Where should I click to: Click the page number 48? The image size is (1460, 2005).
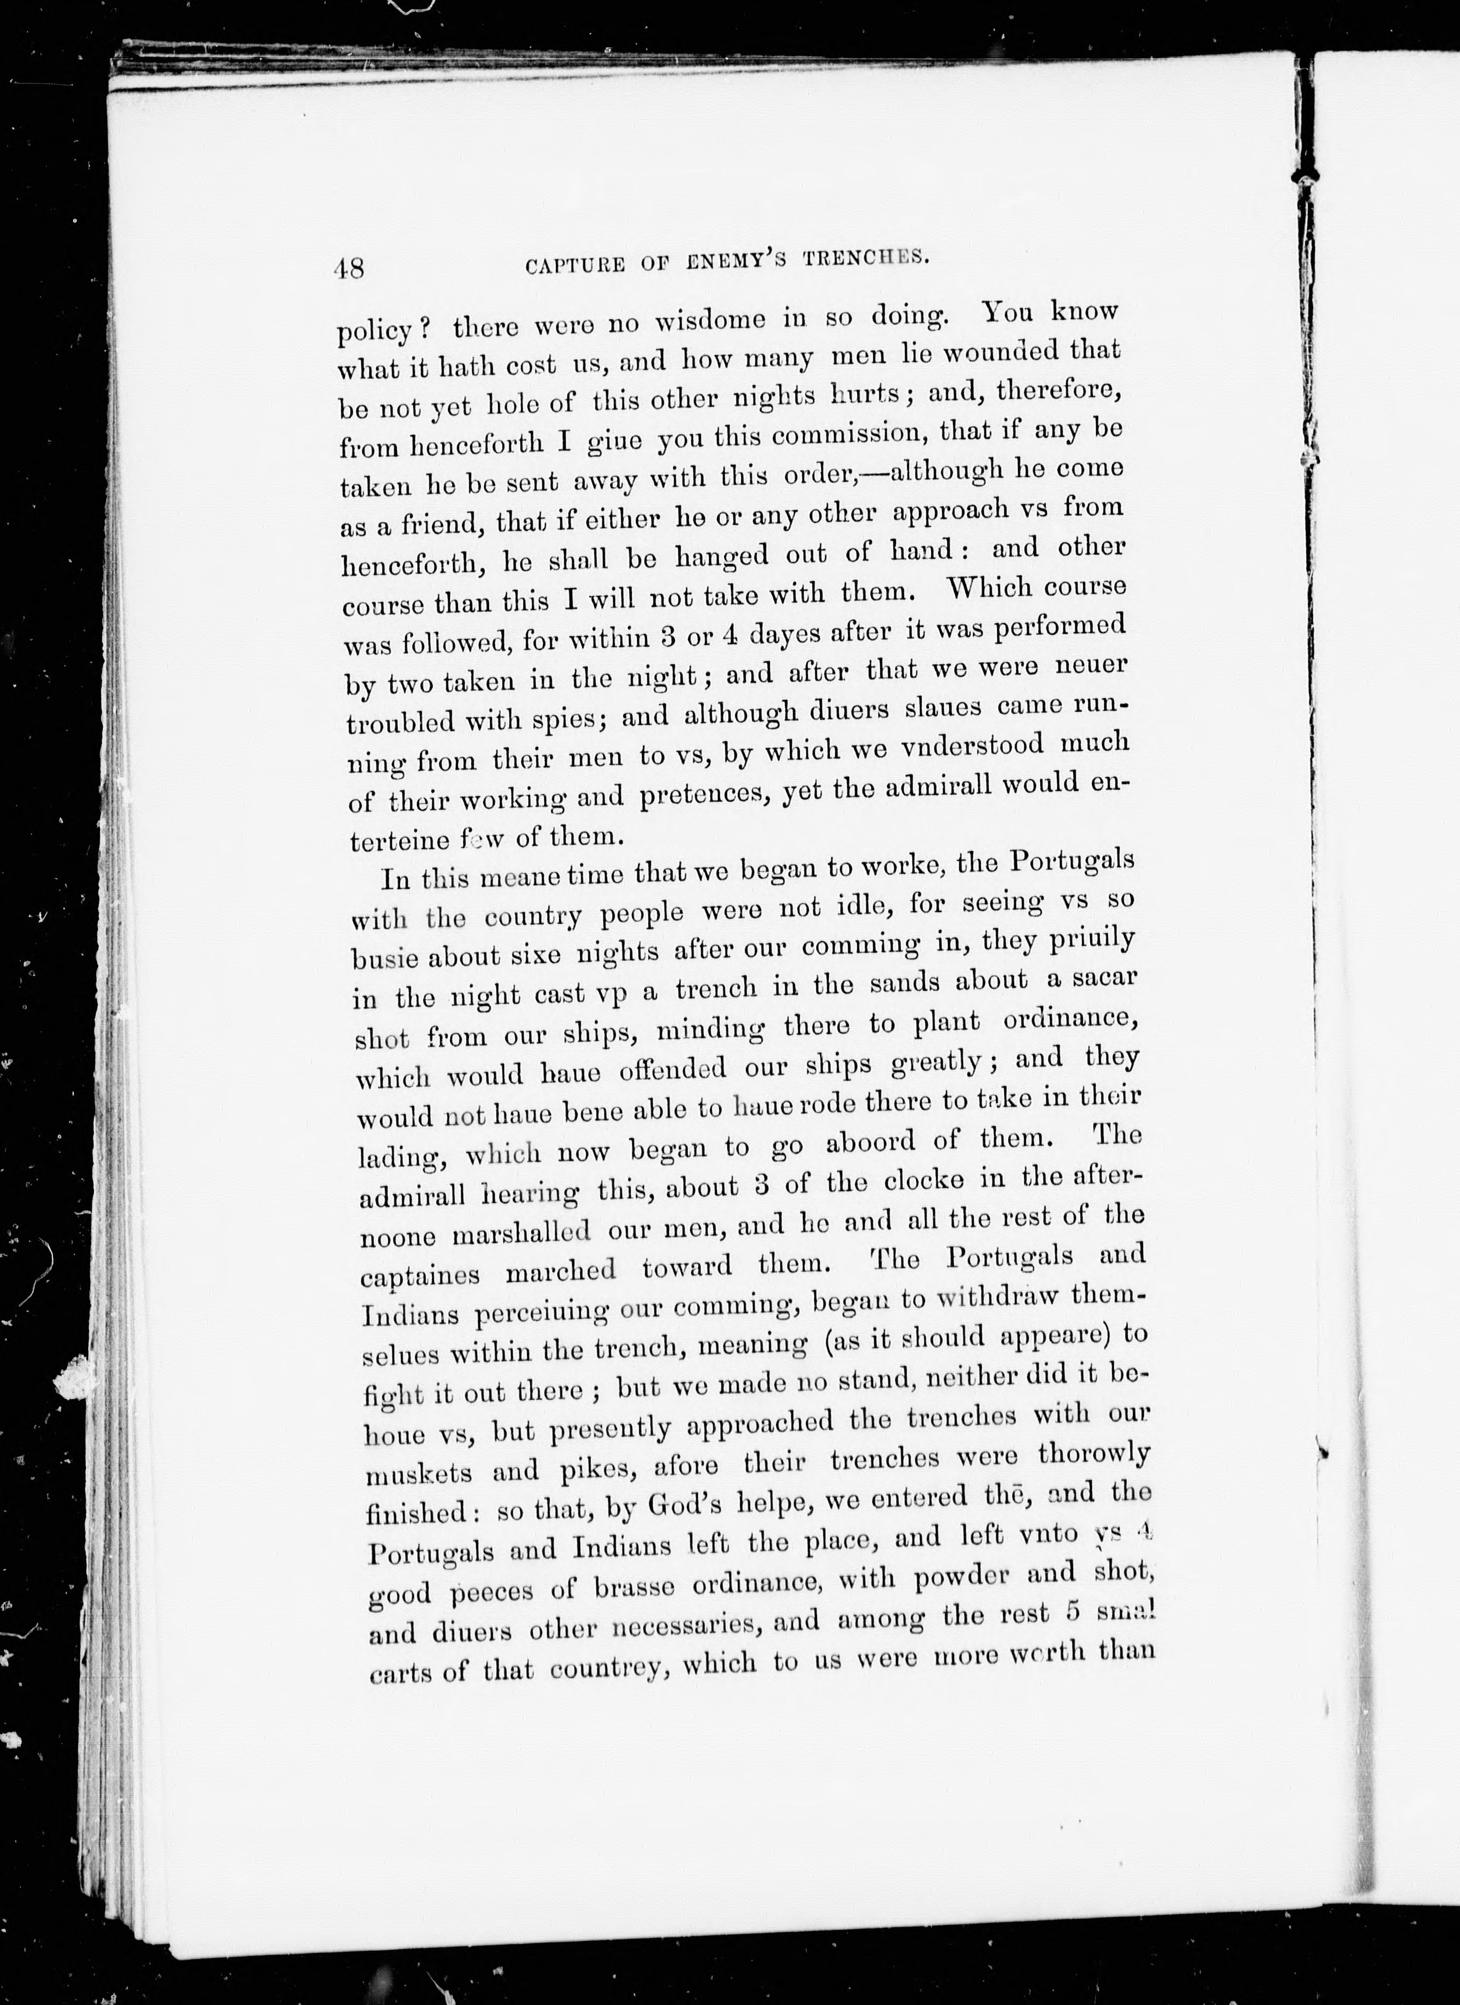tap(350, 267)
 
